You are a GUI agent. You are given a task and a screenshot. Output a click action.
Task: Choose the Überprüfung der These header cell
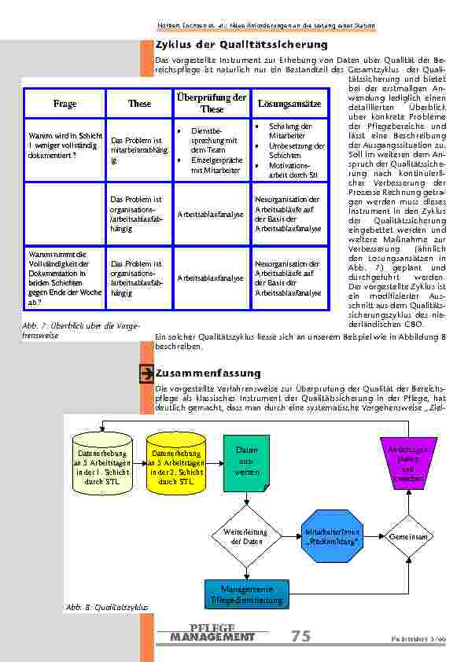[x=209, y=103]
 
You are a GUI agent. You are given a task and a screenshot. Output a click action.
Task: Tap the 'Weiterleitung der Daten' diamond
[x=246, y=536]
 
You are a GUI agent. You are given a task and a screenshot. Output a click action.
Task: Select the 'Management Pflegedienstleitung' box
[x=246, y=594]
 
